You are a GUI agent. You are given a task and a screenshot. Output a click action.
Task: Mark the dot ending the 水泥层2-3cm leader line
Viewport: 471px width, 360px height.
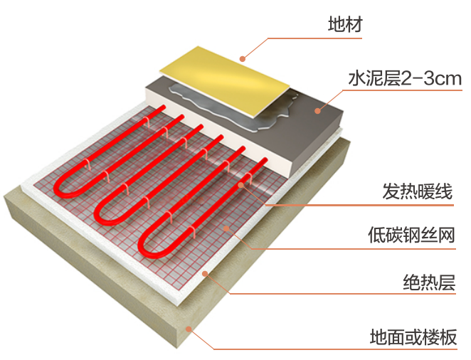coord(318,110)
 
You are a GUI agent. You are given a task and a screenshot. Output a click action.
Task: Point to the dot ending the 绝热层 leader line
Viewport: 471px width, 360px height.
coord(204,272)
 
